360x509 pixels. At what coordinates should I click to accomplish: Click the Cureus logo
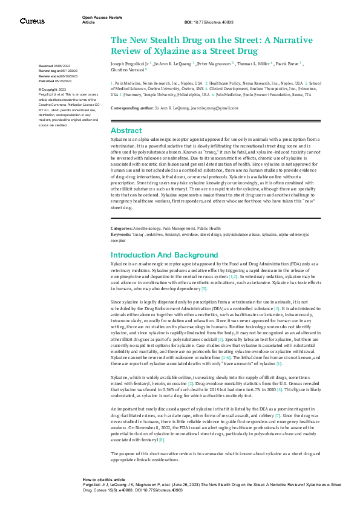pos(32,21)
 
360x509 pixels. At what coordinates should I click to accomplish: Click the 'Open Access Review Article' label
pos(99,21)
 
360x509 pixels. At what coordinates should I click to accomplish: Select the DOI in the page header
pos(209,22)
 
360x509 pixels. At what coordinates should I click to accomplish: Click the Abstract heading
pos(126,130)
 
